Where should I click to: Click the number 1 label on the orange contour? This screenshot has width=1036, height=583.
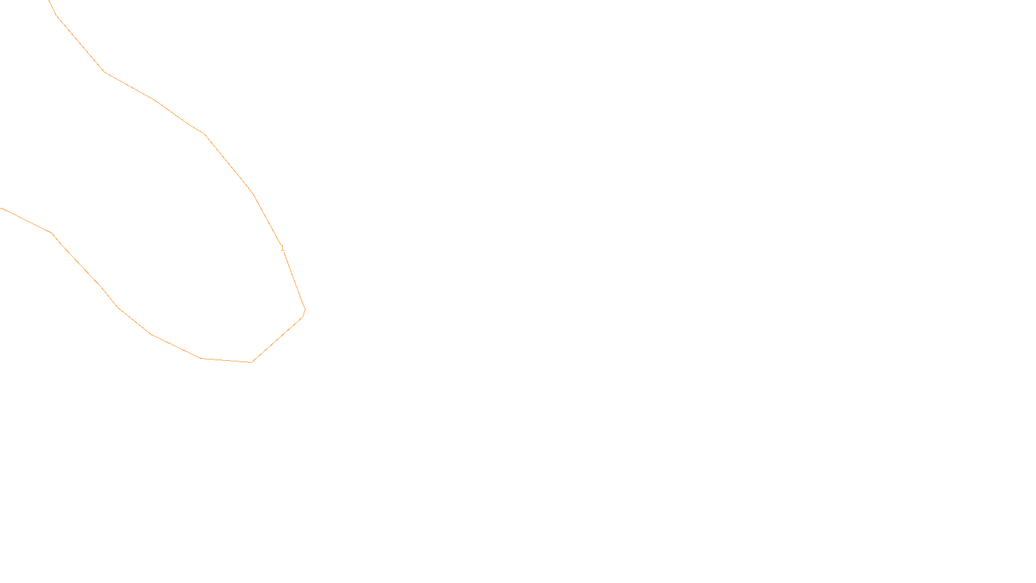pyautogui.click(x=282, y=248)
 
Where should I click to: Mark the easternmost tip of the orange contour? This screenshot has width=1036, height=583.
pyautogui.click(x=305, y=310)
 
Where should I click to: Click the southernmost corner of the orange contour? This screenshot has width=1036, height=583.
pyautogui.click(x=251, y=362)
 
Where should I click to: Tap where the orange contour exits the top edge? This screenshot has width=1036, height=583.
pyautogui.click(x=49, y=1)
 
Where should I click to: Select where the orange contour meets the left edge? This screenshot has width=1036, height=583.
pyautogui.click(x=1, y=208)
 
